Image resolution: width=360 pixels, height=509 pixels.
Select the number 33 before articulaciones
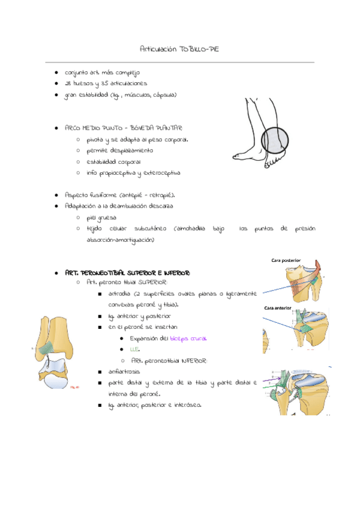[105, 83]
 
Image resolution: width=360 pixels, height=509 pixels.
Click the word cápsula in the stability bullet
[164, 95]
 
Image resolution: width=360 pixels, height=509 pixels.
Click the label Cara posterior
[286, 261]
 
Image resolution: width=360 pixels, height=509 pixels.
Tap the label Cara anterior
[278, 309]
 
